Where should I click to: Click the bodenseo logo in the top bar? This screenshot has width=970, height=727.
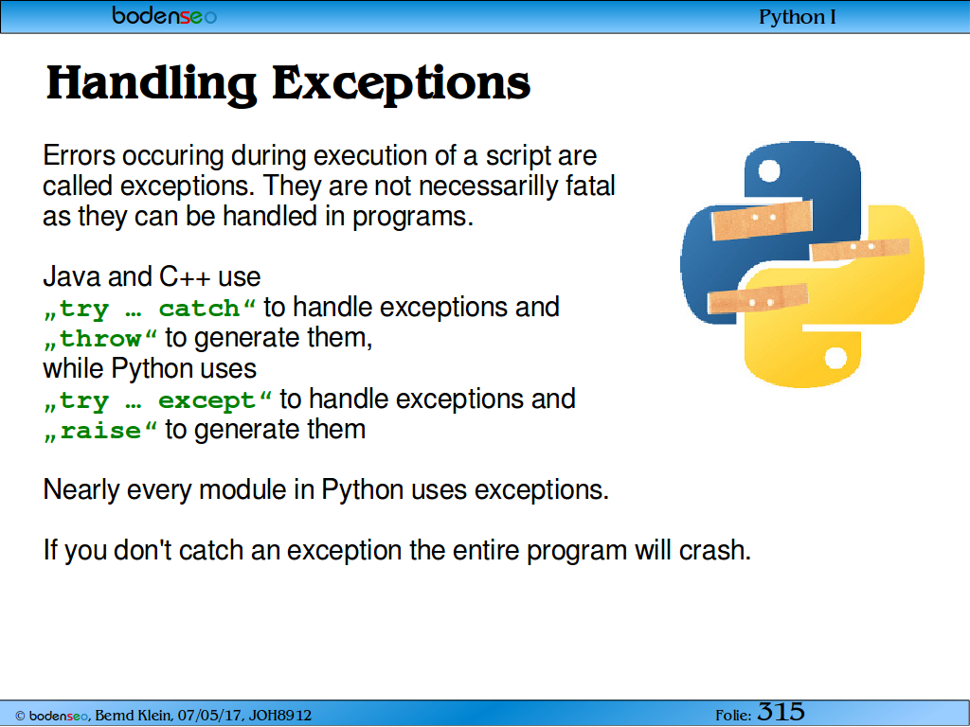point(165,15)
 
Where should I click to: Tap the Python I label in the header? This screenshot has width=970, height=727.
point(798,17)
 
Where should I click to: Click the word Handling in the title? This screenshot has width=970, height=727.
point(152,84)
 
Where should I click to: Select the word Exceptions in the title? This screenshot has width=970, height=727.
point(401,84)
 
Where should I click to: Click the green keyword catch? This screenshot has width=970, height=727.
point(199,308)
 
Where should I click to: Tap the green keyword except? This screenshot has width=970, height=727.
point(207,400)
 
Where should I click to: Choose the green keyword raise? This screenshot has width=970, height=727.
point(100,431)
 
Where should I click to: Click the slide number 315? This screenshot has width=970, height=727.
point(781,712)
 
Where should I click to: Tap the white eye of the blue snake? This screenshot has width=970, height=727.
point(769,170)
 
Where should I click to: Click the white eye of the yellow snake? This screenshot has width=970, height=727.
point(835,358)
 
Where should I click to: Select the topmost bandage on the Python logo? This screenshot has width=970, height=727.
point(763,220)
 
